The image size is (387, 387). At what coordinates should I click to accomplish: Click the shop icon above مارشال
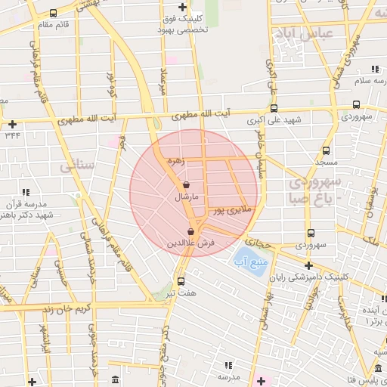(x=187, y=185)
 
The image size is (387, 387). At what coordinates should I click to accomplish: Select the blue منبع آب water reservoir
(x=253, y=262)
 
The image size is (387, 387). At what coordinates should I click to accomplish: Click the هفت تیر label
(x=182, y=293)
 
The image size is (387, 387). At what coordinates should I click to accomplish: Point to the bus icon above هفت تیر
(x=180, y=281)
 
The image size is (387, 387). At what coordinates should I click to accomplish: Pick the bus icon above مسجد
(x=326, y=150)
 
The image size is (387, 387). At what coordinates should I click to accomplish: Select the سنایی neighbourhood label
(x=79, y=161)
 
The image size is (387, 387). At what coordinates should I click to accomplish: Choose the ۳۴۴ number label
(x=12, y=135)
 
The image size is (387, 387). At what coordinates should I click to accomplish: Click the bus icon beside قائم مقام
(x=52, y=14)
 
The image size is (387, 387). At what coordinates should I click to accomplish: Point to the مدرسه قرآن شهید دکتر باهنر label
(x=26, y=209)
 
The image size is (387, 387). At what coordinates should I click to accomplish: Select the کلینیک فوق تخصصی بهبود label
(x=175, y=24)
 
